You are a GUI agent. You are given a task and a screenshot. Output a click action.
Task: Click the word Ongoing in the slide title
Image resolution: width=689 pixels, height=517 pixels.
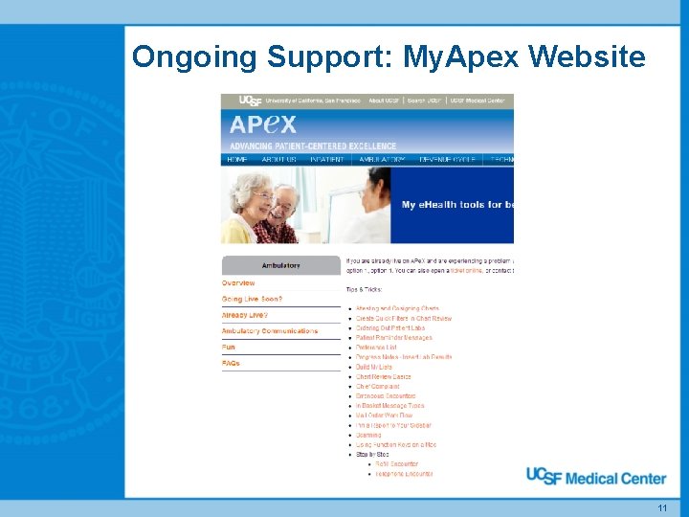pos(195,57)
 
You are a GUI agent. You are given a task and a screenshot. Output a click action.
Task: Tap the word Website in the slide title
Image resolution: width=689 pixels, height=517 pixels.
pos(587,57)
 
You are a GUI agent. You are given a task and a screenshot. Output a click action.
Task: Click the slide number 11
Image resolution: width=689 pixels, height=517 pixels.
pos(661,507)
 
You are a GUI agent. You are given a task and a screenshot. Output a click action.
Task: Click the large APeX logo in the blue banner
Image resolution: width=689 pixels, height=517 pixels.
pos(263,124)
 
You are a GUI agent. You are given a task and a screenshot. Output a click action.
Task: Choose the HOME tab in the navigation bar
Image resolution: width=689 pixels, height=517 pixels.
pos(237,160)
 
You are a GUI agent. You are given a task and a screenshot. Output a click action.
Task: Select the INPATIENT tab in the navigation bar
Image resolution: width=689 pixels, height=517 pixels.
pos(327,160)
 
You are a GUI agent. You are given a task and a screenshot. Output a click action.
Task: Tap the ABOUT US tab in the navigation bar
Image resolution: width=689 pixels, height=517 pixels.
pos(279,160)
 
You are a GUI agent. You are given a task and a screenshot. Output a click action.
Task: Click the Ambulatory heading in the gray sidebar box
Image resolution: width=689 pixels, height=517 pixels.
pos(280,265)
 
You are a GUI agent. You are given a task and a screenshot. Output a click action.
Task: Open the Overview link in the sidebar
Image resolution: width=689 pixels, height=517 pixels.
pos(238,283)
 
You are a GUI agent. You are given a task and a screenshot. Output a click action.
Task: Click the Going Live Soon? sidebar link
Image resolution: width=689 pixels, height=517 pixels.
pos(252,300)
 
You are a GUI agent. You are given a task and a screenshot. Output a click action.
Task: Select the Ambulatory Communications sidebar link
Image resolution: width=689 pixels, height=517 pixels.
pos(270,331)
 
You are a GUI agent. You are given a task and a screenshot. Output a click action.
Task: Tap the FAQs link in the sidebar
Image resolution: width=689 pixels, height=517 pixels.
pos(231,364)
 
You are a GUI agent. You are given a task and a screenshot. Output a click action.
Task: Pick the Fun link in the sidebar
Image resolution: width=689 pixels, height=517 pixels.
pos(229,348)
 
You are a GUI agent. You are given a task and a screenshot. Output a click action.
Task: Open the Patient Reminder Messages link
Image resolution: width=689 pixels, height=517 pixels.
pos(394,338)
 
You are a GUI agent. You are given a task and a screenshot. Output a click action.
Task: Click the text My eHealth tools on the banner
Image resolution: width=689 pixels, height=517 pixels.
pos(456,205)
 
